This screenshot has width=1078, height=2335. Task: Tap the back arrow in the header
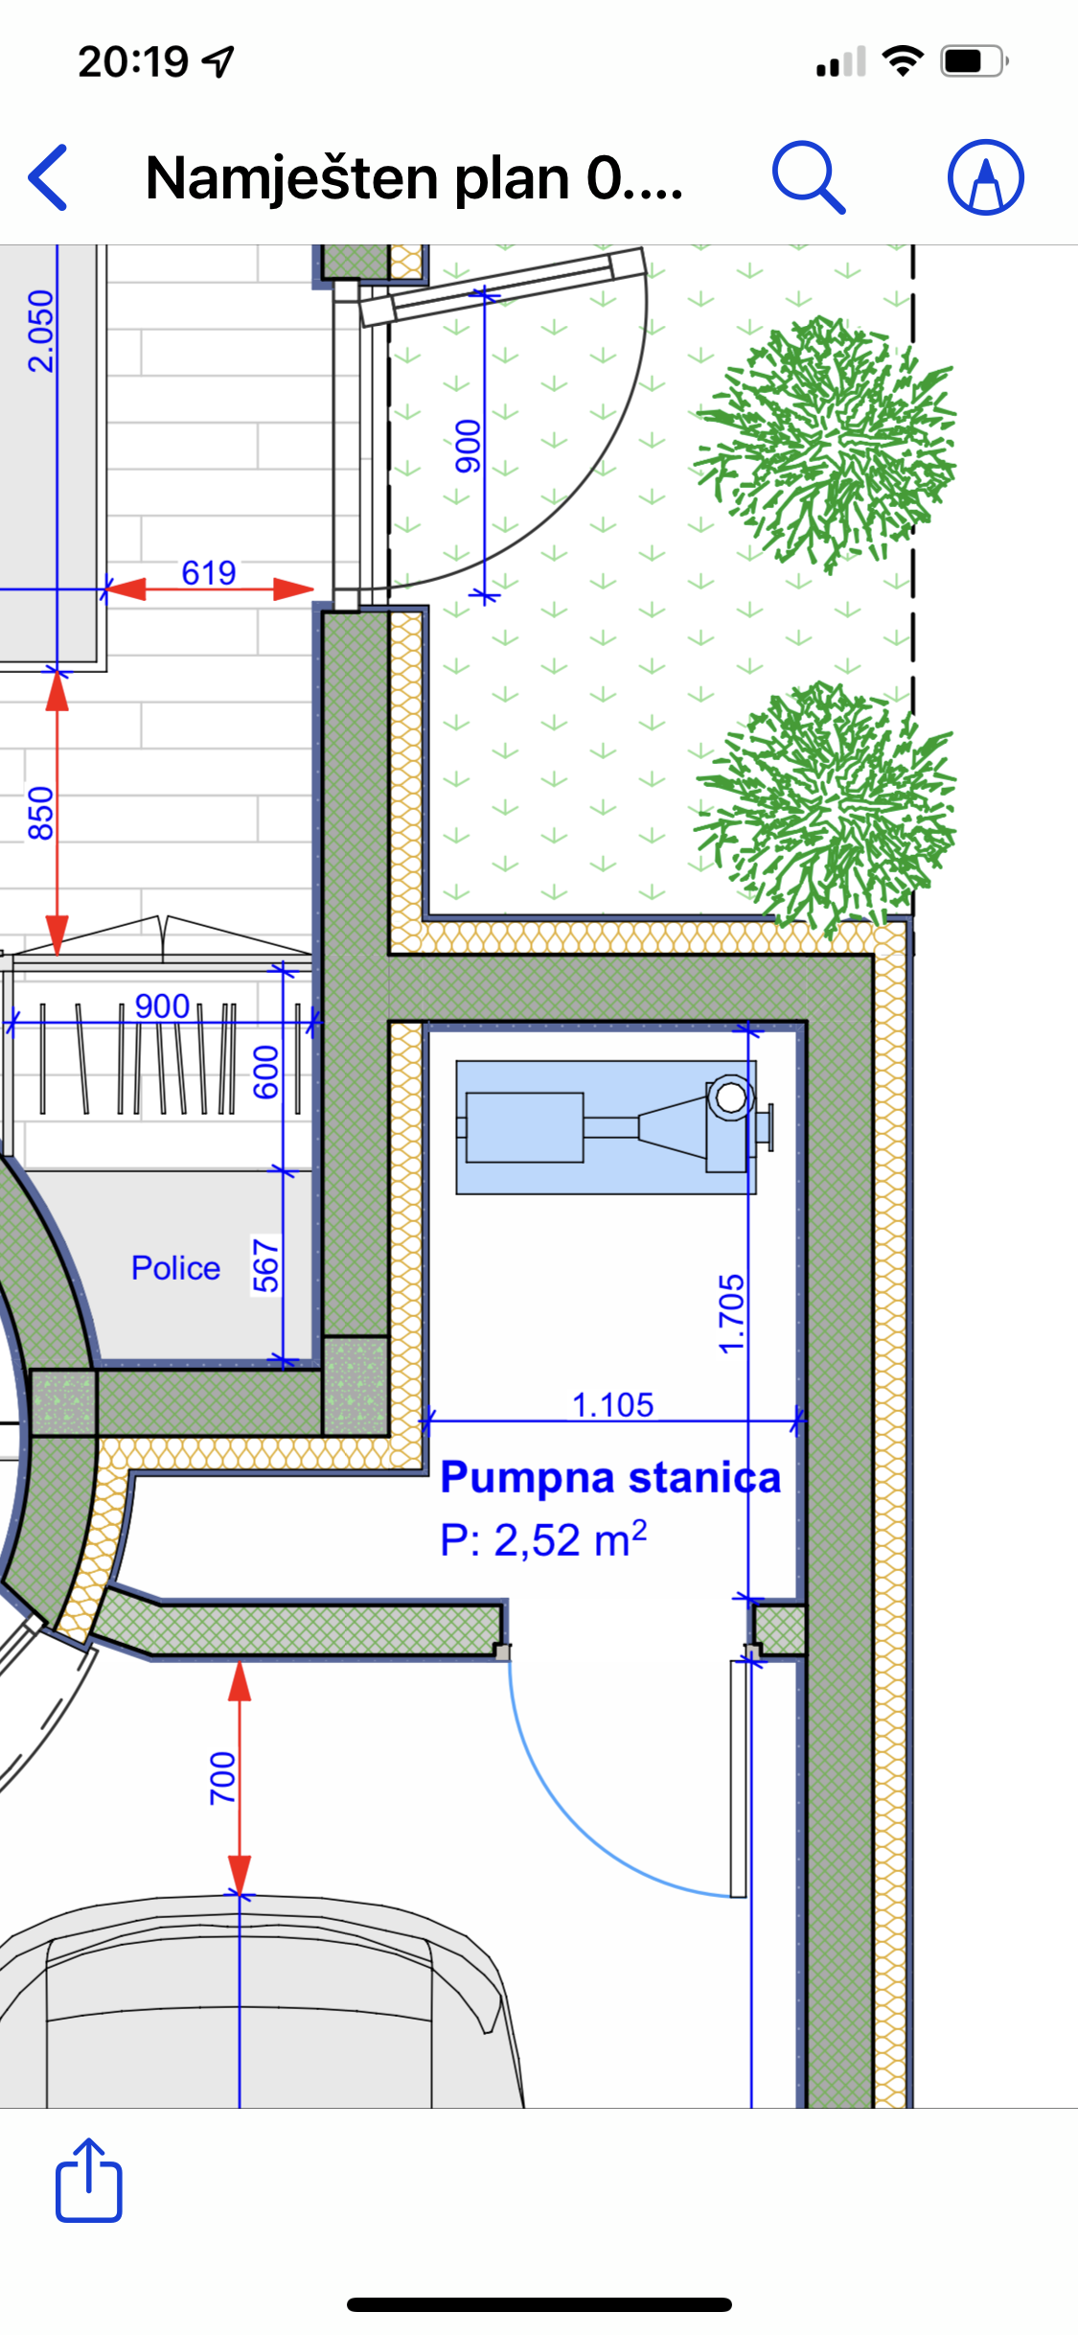pos(48,177)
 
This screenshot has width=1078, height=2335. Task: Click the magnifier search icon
pos(809,177)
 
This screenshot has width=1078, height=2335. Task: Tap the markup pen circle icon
pos(986,177)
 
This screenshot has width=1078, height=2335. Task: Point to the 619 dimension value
pos(209,572)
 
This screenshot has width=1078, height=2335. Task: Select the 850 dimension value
pos(40,813)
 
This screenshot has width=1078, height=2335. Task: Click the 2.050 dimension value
pos(40,331)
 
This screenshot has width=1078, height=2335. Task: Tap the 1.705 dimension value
pos(731,1313)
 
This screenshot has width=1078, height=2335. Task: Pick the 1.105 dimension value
pos(613,1404)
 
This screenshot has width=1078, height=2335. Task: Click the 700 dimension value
pos(222,1777)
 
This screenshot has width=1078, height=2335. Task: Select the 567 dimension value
pos(265,1265)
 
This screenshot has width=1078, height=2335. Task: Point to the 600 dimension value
pos(265,1073)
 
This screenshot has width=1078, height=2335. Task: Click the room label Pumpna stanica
pos(610,1477)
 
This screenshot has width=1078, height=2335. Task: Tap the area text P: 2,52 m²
pos(543,1538)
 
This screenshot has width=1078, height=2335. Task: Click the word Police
pos(175,1267)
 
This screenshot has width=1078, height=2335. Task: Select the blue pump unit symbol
pos(613,1126)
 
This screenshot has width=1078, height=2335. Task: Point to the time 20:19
pos(133,62)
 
